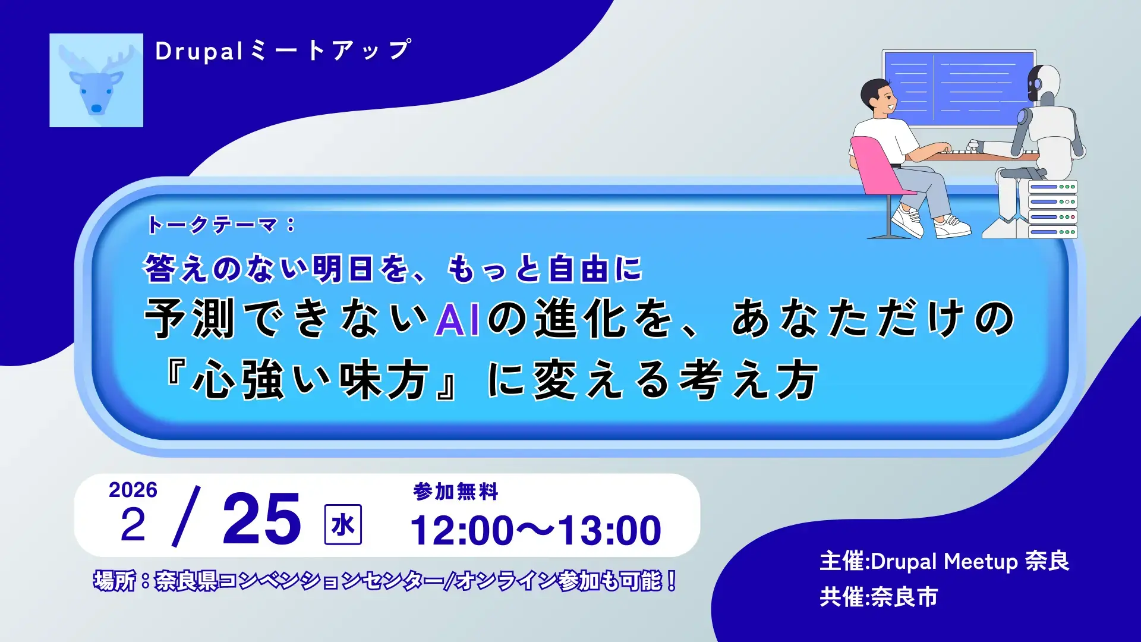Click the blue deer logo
96,80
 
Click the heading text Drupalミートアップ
283,51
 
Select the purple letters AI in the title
457,320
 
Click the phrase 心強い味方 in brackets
310,380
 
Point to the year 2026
133,490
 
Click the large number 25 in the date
261,520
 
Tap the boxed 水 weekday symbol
343,524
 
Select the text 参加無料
455,492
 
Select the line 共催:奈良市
878,597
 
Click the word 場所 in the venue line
114,581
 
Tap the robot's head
1044,83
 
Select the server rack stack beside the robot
1052,209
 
